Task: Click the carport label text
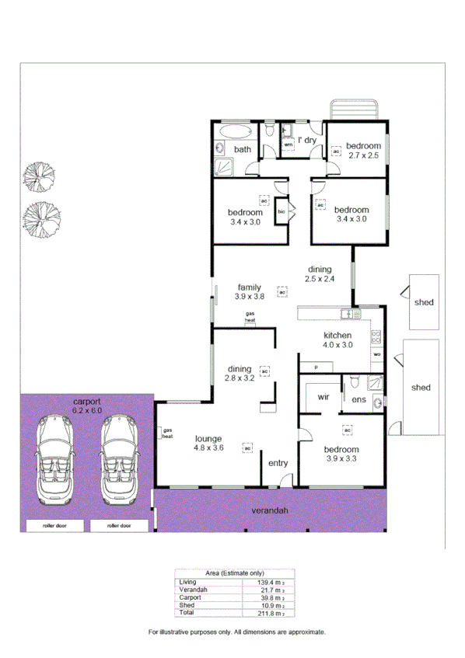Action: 86,405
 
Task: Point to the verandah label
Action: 269,511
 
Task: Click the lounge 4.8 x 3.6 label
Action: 208,442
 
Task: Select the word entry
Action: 278,463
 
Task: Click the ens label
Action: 358,399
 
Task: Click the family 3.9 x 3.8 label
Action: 250,291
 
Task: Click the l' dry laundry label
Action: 306,141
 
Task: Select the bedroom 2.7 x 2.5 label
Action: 362,151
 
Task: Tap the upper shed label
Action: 423,302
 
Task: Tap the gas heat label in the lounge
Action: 166,433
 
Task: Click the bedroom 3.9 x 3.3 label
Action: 343,454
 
